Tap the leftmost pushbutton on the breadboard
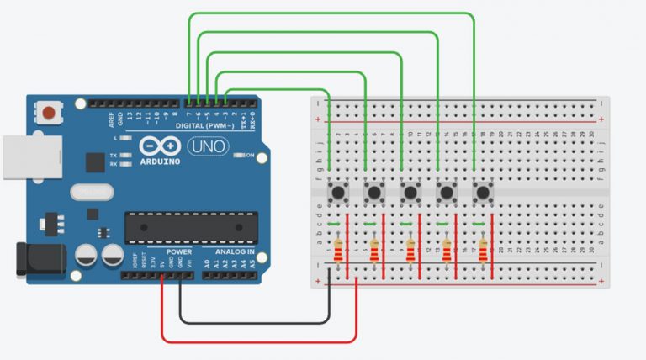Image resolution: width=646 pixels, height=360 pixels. point(339,193)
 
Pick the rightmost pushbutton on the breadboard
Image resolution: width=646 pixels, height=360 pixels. point(483,193)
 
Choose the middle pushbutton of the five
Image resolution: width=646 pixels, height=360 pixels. point(410,193)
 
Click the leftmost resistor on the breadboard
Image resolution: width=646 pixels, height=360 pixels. point(338,250)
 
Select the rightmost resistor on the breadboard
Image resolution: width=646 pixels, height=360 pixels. point(483,250)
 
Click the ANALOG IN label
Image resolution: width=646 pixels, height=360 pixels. point(234,251)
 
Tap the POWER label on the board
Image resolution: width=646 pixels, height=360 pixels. point(178,251)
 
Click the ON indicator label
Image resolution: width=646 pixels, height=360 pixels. point(249,155)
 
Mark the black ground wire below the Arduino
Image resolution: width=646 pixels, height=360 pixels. point(252,322)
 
